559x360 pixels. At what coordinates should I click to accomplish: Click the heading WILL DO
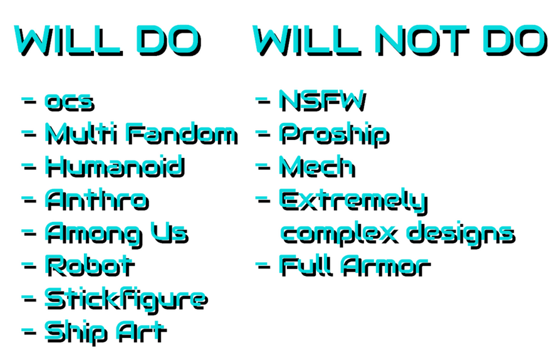point(108,40)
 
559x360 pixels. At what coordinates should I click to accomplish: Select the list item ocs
point(70,102)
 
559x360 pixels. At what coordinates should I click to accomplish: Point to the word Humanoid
point(115,166)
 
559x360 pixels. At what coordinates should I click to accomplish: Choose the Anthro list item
point(97,199)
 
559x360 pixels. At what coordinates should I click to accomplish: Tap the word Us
point(169,233)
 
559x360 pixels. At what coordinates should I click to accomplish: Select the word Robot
point(90,265)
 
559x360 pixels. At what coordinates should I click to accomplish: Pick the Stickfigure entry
point(126,300)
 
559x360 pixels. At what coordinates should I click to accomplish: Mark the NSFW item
point(322,100)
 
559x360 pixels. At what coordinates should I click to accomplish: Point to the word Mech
point(317,166)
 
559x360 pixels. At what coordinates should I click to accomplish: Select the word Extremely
point(353,201)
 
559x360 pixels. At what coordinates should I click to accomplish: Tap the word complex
point(339,234)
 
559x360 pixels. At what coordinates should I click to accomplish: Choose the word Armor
point(386,265)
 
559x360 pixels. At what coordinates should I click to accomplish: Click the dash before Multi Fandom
point(29,134)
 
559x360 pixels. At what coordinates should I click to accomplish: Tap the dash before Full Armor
point(263,265)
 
